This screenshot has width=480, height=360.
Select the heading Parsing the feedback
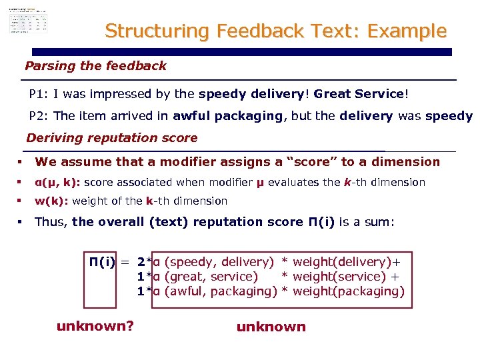95,66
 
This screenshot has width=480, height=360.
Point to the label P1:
39,95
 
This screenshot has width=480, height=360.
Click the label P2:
39,116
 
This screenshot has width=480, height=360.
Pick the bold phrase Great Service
359,95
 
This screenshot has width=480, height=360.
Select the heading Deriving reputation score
111,139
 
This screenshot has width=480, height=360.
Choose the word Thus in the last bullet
51,222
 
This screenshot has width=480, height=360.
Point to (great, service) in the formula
211,277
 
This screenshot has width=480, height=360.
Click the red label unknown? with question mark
95,326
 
